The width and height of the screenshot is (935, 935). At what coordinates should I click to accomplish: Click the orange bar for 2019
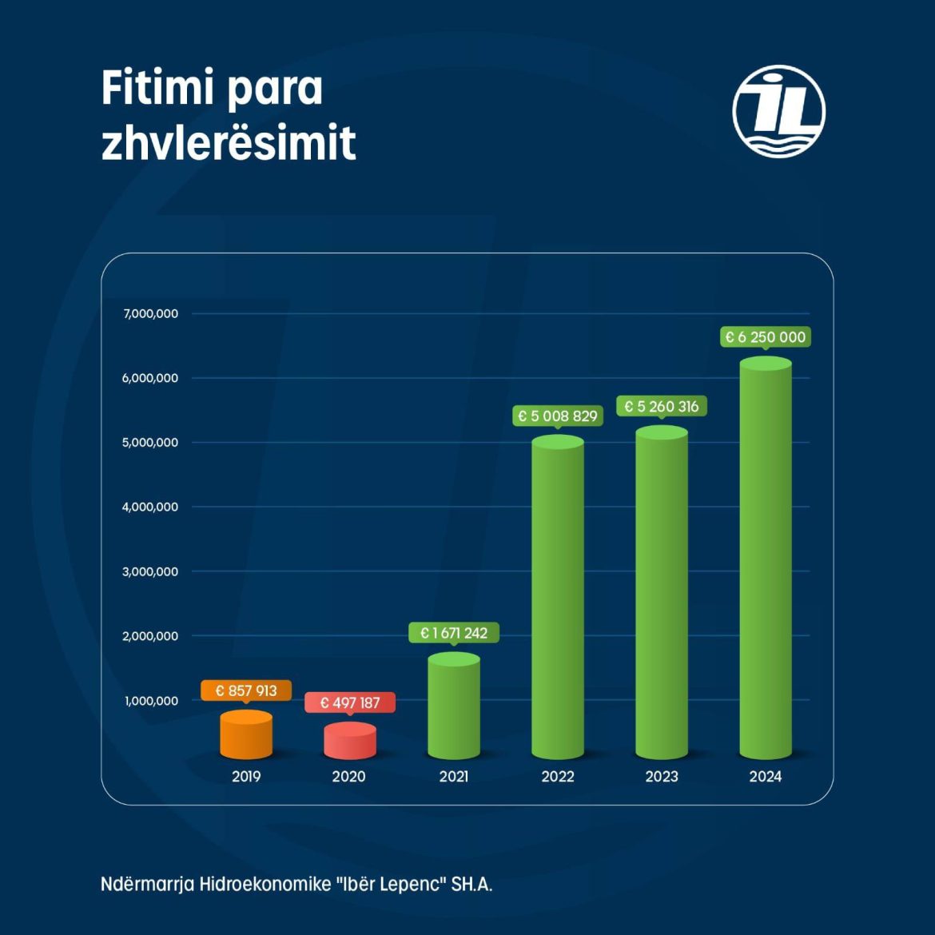(246, 734)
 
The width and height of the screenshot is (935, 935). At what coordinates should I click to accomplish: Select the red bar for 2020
(350, 741)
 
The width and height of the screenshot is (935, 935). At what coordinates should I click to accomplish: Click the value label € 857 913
(246, 690)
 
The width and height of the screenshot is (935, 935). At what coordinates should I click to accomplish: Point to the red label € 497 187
(350, 702)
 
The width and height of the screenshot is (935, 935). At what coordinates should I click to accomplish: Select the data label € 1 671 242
(454, 633)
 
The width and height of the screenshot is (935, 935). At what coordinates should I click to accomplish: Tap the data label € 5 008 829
(558, 416)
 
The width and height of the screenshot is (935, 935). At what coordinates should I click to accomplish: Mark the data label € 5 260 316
(662, 406)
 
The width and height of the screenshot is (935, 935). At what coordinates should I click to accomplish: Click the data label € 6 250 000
(766, 337)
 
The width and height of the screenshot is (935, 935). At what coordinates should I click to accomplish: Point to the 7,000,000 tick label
(151, 314)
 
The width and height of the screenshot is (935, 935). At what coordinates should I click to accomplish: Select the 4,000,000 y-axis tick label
(150, 507)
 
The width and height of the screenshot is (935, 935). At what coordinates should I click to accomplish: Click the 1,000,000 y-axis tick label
(152, 701)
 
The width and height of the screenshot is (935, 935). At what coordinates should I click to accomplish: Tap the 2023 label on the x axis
(662, 776)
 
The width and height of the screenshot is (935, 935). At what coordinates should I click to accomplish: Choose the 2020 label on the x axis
(349, 776)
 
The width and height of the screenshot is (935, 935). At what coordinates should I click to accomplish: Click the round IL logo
(778, 111)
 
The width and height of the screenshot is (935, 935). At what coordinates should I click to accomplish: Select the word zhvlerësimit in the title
(229, 143)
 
